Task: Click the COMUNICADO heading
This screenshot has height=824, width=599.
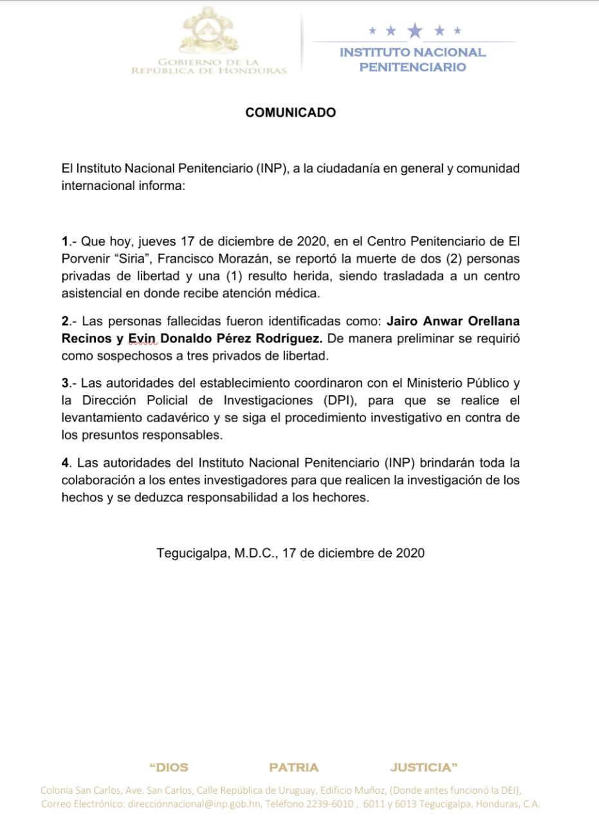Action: tap(290, 113)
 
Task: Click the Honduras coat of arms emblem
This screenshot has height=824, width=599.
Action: tap(209, 32)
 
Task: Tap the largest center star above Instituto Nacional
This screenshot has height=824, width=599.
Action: tap(415, 30)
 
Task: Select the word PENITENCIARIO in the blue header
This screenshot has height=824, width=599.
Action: tap(412, 68)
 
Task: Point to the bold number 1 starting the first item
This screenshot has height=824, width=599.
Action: tap(64, 242)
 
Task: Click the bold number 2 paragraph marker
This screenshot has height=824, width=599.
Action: tap(64, 321)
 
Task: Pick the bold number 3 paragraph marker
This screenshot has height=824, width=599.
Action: tap(64, 384)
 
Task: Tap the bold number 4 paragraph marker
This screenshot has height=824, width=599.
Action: tap(65, 463)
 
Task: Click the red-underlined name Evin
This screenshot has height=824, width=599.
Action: tap(143, 339)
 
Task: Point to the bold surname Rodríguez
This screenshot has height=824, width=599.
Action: tap(288, 339)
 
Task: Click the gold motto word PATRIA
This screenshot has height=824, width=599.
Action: tap(293, 767)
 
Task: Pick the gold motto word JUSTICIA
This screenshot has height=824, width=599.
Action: tap(423, 767)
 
